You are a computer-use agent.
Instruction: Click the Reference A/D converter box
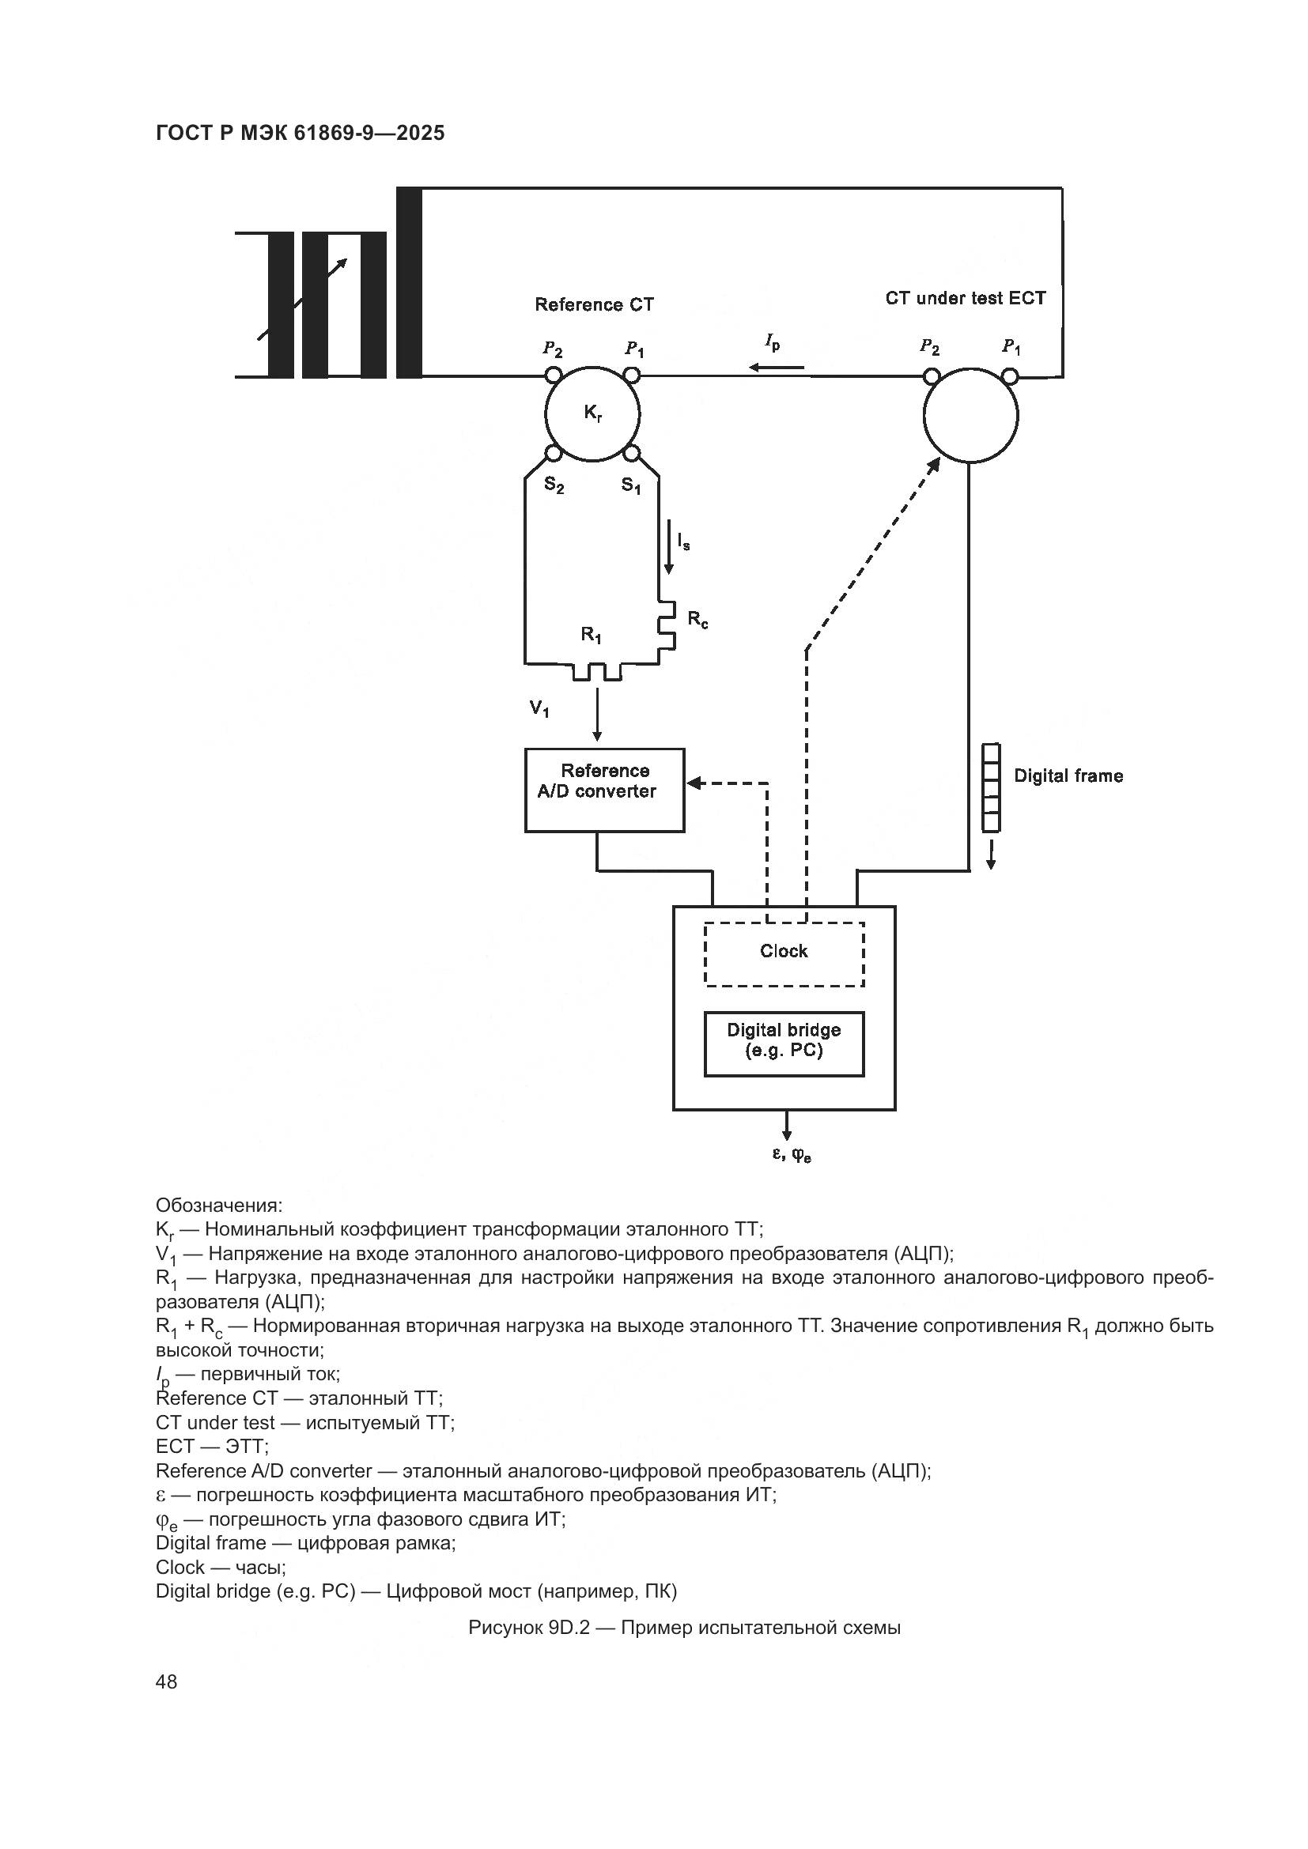[x=604, y=789]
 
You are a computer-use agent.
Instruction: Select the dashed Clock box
[x=784, y=953]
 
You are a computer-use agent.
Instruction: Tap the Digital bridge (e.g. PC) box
[x=784, y=1043]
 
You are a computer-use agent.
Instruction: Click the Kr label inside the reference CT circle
[x=593, y=414]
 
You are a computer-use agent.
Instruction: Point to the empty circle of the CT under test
[x=970, y=416]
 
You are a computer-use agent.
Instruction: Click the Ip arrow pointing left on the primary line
[x=777, y=368]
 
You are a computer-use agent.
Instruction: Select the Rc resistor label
[x=697, y=619]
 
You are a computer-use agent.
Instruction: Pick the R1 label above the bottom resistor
[x=592, y=636]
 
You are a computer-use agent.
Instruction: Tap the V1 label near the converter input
[x=539, y=708]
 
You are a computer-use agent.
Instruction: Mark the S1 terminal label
[x=631, y=485]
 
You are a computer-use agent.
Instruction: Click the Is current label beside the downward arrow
[x=683, y=541]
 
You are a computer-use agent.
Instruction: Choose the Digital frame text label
[x=1068, y=775]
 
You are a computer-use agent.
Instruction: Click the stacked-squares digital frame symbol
[x=991, y=787]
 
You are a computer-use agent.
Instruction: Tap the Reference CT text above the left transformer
[x=594, y=304]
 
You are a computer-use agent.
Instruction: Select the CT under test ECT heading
[x=965, y=298]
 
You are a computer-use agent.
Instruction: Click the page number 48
[x=166, y=1681]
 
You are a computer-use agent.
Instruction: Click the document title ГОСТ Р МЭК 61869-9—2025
[x=300, y=134]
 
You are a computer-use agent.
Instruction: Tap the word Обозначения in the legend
[x=218, y=1206]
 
